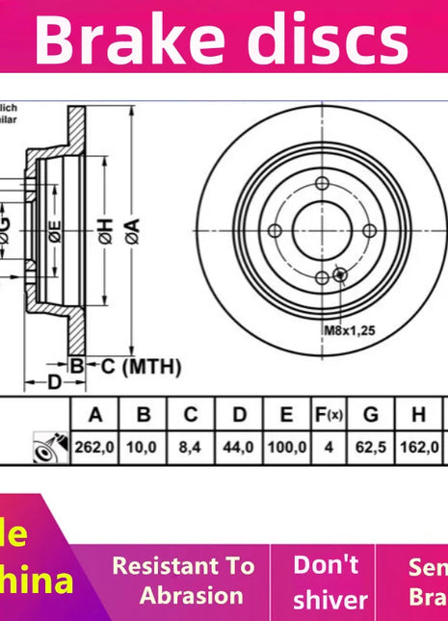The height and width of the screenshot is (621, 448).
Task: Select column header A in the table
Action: click(94, 415)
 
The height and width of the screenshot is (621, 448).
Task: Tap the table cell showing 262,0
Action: click(94, 447)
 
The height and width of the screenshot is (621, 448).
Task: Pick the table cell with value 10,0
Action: click(143, 447)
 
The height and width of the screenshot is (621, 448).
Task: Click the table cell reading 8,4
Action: click(191, 447)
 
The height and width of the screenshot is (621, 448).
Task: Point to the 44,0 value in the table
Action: click(239, 447)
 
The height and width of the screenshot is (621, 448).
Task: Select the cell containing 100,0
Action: click(286, 447)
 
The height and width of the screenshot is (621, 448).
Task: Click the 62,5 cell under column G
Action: click(370, 447)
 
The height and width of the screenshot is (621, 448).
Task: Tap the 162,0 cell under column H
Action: click(418, 447)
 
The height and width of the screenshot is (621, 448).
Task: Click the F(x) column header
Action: click(329, 415)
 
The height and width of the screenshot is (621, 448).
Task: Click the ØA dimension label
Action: click(132, 231)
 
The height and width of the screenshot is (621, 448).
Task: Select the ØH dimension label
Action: click(104, 231)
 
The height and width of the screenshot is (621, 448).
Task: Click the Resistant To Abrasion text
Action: click(183, 581)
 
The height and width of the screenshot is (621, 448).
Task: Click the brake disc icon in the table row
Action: click(44, 447)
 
